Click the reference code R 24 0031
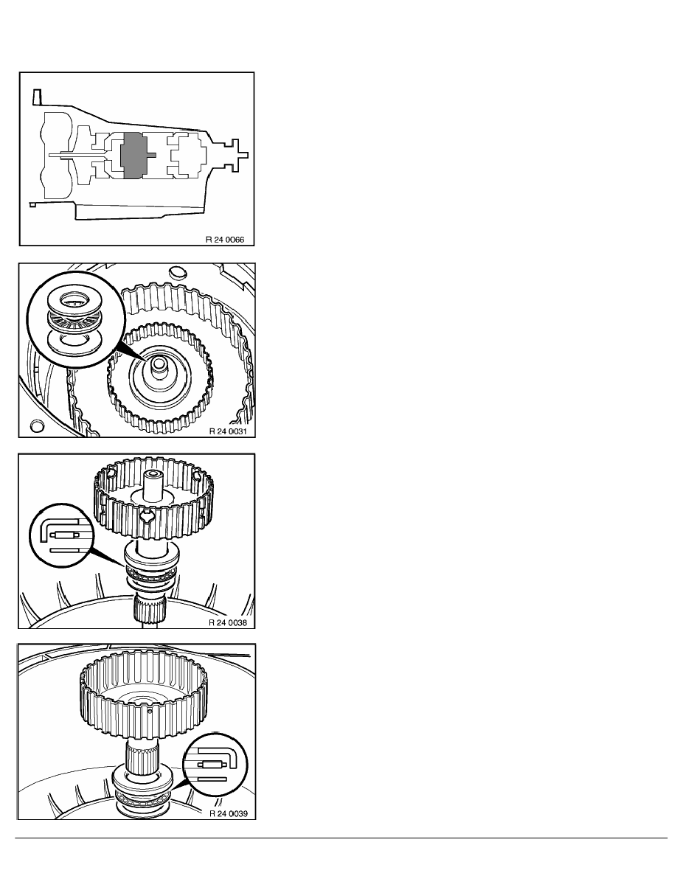tap(228, 431)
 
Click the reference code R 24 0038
tap(228, 622)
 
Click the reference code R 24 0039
tap(229, 813)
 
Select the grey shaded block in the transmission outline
tap(135, 156)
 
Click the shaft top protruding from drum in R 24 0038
tap(153, 485)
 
